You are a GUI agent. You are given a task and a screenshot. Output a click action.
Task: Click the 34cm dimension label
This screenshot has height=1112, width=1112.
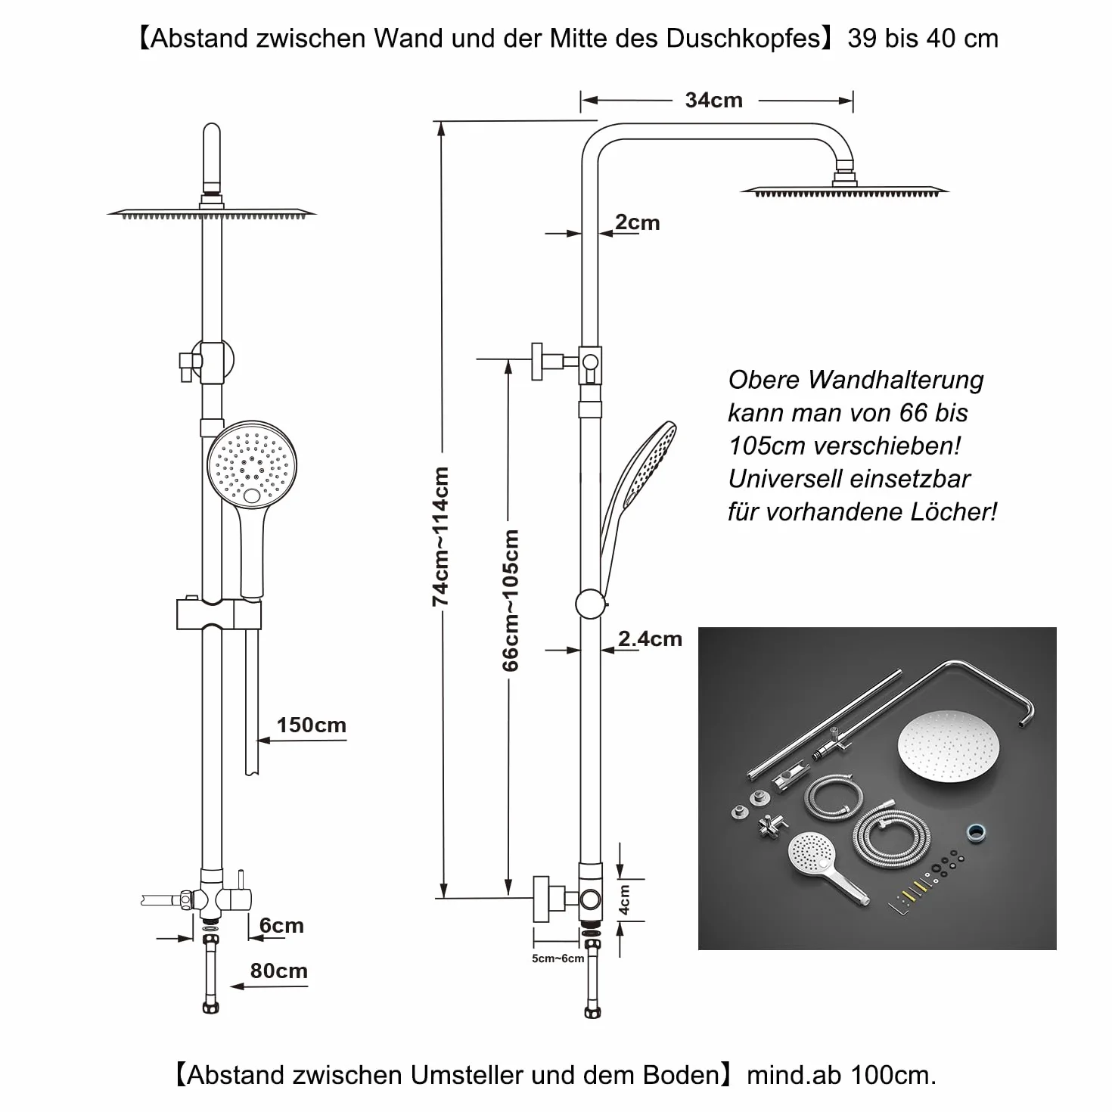tap(713, 101)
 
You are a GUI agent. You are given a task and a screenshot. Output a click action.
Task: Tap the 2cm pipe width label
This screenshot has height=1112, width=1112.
tap(637, 222)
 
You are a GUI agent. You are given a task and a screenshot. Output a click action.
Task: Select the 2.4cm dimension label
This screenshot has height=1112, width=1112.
tap(650, 638)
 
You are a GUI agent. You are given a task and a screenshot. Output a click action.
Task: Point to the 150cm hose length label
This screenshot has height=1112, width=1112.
tap(312, 725)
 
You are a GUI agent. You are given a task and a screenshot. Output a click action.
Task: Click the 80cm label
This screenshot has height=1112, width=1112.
tap(278, 971)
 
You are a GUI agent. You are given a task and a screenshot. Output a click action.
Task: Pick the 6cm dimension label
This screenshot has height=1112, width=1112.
tap(281, 925)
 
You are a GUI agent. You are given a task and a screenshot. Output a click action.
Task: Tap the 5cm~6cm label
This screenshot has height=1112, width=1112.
tap(558, 958)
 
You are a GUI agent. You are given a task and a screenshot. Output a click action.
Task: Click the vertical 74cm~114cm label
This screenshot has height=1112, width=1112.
tap(440, 536)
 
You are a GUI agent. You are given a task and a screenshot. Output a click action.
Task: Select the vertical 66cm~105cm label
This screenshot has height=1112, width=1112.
tap(510, 600)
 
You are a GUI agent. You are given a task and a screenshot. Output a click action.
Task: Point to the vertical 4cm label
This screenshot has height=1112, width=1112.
tap(624, 899)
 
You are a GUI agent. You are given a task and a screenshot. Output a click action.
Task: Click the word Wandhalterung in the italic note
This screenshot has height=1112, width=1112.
tap(896, 380)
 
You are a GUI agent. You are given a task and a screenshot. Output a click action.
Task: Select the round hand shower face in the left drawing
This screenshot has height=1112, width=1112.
tap(252, 465)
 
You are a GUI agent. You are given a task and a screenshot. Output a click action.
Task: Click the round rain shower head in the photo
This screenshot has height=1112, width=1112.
tap(948, 746)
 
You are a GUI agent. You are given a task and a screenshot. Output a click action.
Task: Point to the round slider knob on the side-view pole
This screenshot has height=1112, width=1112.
tap(590, 604)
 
